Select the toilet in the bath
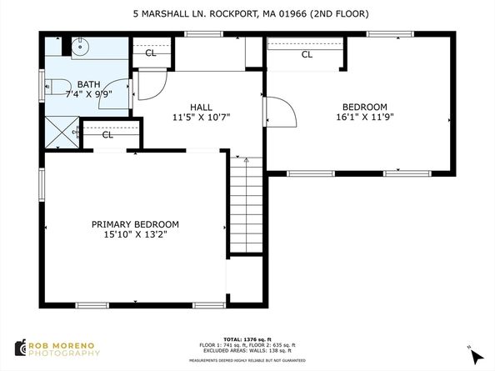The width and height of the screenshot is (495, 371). [54, 84]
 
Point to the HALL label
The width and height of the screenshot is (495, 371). [201, 107]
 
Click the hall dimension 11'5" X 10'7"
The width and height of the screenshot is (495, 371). [201, 118]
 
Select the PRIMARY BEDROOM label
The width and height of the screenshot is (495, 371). [135, 224]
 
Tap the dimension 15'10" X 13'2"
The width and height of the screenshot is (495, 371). [135, 235]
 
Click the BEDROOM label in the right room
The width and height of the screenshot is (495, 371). [365, 107]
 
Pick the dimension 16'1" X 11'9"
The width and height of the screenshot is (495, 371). [365, 118]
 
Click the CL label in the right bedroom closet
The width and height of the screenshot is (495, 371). [307, 55]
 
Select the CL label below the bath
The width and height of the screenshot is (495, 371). [107, 134]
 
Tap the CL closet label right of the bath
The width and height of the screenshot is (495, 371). [151, 53]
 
